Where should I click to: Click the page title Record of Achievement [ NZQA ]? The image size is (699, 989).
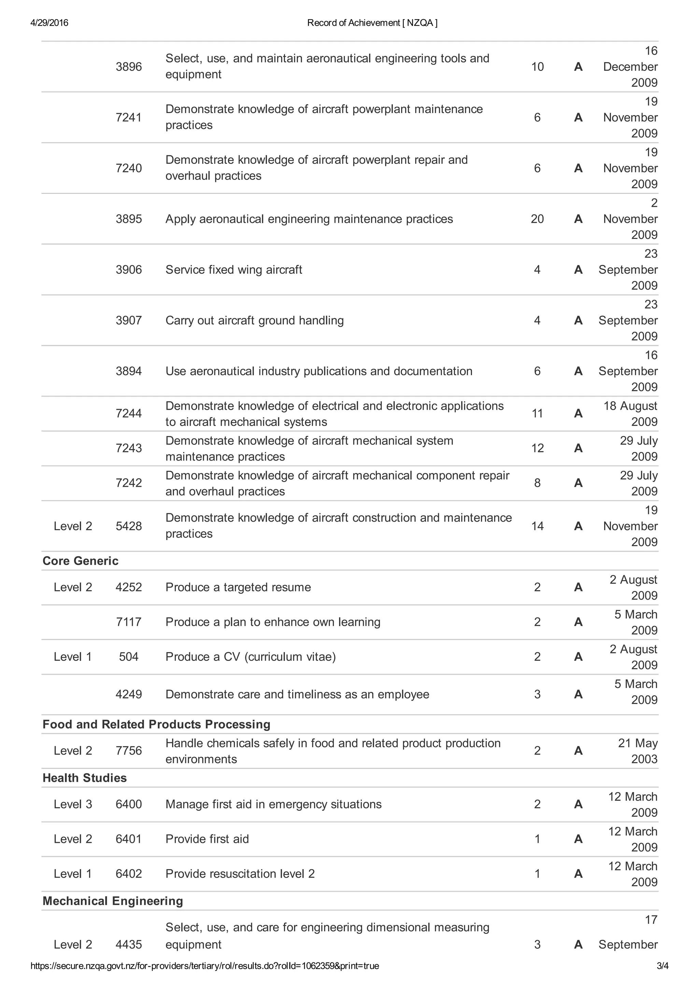[x=372, y=23]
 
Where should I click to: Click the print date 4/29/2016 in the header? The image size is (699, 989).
[x=49, y=23]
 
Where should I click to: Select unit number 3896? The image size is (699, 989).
[x=128, y=67]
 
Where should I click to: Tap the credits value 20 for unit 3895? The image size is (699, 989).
[x=537, y=219]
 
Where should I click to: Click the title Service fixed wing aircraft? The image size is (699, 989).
[x=234, y=270]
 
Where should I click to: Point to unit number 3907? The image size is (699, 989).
[x=128, y=321]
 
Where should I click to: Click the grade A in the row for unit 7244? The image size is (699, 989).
[x=578, y=413]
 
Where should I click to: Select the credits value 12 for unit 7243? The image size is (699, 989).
[x=537, y=448]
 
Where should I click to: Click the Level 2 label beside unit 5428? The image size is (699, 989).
[x=73, y=526]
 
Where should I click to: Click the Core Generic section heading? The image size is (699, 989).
[x=81, y=561]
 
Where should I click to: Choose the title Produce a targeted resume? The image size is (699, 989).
[x=238, y=587]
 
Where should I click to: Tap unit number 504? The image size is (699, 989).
[x=128, y=657]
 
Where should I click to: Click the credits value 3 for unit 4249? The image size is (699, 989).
[x=537, y=694]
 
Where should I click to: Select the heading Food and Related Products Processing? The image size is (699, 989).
[x=156, y=724]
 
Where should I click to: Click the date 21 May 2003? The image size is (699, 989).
[x=638, y=751]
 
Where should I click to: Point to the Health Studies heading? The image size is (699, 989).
[x=85, y=778]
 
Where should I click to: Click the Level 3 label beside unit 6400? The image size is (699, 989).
[x=73, y=804]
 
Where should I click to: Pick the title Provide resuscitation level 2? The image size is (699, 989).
[x=240, y=874]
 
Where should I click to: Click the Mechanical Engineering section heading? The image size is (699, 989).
[x=113, y=901]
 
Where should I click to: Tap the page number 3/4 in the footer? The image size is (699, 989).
[x=662, y=978]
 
